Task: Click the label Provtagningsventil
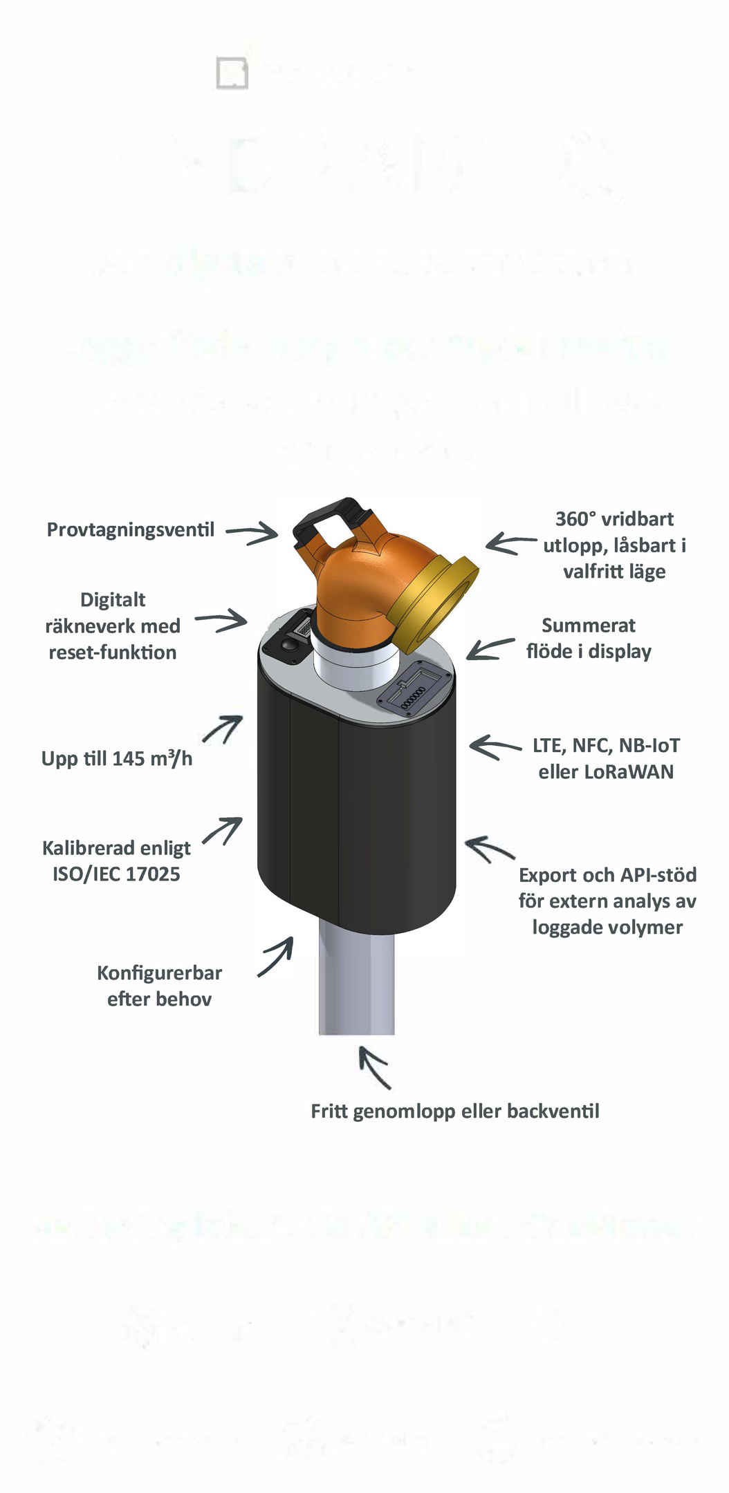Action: pos(131,530)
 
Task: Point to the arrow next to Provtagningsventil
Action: pos(252,532)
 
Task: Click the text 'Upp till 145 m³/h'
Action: pos(117,758)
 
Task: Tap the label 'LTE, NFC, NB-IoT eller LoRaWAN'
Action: pos(606,759)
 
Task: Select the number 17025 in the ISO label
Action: pos(154,874)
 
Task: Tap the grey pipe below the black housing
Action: pos(356,982)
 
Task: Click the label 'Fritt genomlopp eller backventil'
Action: pos(454,1111)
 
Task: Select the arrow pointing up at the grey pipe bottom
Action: pos(374,1067)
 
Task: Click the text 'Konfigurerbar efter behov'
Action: pos(159,986)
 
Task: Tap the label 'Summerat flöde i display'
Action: pos(589,639)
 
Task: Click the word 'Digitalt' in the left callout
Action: pos(113,600)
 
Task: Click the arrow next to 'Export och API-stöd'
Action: pos(490,849)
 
